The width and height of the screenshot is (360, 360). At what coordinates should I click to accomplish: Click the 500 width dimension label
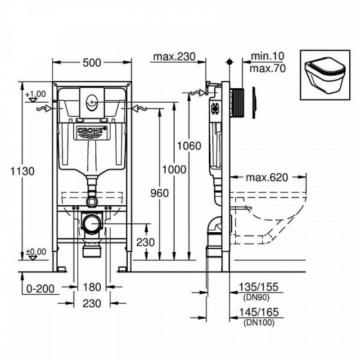point(92,63)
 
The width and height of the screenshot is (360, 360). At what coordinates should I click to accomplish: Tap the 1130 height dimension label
point(22,171)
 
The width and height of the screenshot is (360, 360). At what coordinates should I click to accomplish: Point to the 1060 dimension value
point(189,146)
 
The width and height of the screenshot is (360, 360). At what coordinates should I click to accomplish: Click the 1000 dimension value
point(174,170)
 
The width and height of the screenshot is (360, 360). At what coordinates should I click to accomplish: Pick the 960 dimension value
point(160,193)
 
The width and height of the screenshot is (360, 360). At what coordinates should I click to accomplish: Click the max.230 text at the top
point(174,57)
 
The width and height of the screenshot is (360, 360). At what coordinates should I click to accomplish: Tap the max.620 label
point(267,177)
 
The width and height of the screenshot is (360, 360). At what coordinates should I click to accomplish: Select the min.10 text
point(267,56)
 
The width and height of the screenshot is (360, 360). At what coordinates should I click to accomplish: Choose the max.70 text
point(268,68)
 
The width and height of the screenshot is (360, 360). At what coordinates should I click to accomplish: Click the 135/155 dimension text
point(258,287)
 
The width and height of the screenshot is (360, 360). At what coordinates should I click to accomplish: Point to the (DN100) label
point(259,323)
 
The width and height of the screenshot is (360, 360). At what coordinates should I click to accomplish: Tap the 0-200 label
point(40,289)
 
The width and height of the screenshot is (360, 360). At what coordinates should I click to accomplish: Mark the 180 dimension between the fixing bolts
point(92,287)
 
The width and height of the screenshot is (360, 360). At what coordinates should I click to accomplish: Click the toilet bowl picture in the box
point(325,75)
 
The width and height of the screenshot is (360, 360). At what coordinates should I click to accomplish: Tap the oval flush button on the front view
point(92,102)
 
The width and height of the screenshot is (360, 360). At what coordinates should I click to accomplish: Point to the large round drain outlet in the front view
point(92,223)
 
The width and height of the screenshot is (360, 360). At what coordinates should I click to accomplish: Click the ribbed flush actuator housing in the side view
point(237,103)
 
